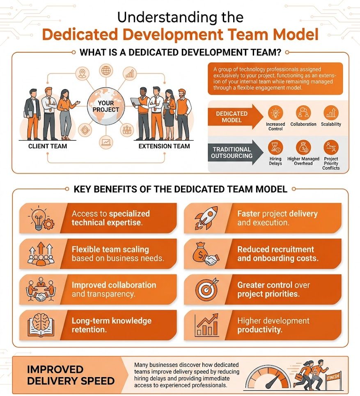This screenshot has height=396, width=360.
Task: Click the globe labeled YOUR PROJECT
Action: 106,106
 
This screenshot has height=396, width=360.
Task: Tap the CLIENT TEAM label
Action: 48,146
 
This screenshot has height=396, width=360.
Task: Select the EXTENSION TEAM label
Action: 164,146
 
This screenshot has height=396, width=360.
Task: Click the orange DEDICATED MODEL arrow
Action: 235,117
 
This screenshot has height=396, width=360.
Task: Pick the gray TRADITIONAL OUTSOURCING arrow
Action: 235,152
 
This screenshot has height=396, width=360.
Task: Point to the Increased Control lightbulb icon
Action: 275,113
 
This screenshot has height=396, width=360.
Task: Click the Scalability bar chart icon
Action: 331,113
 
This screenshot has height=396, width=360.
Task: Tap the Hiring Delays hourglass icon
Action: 275,148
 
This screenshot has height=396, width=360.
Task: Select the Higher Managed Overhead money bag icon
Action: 303,148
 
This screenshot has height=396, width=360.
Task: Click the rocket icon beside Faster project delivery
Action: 206,218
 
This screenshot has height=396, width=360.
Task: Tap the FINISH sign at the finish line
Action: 333,378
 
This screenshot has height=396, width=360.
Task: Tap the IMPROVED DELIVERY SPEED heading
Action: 71,375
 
